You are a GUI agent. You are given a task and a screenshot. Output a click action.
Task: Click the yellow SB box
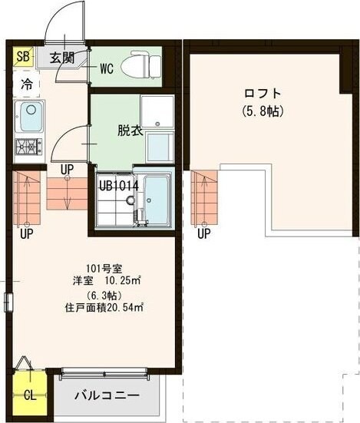pos(23,57)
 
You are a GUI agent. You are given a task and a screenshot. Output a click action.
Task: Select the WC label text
pos(106,68)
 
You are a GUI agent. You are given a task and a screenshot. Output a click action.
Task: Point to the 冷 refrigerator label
pos(27,84)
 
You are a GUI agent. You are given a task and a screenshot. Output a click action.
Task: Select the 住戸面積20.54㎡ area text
pos(104,309)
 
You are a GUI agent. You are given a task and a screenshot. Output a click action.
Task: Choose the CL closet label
pos(29,396)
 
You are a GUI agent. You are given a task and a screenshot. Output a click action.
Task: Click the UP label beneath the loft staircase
pos(203,233)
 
